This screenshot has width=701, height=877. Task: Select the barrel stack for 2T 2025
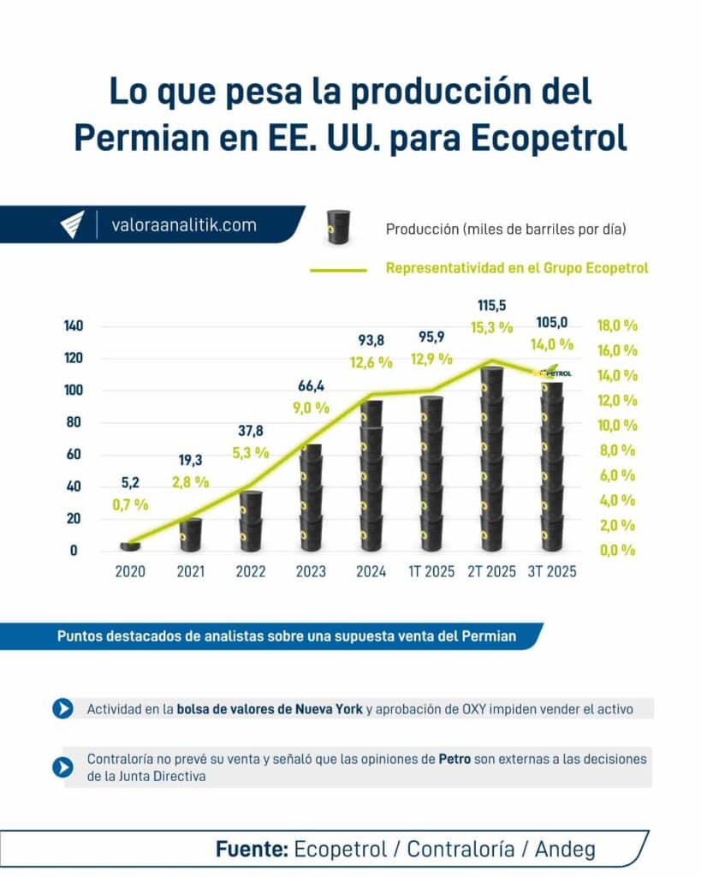491,458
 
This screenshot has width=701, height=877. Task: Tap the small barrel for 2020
130,545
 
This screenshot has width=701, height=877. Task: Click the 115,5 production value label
491,305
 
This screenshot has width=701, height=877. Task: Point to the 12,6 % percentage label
371,362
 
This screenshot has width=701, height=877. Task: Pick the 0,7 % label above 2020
130,505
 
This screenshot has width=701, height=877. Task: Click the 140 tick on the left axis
73,326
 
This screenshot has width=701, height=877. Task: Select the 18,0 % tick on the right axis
617,326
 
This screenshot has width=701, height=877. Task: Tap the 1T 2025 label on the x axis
431,572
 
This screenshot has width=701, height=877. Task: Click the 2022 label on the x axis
250,572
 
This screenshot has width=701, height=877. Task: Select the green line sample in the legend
338,269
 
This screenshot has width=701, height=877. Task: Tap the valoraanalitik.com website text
184,225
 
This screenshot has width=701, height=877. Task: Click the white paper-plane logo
73,225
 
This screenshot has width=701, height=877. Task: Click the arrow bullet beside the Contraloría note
62,767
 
